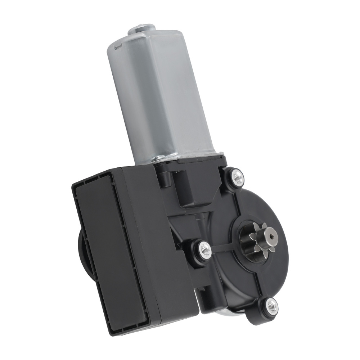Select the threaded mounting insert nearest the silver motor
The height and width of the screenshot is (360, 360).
237,176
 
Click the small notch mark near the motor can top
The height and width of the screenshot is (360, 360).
116,47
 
